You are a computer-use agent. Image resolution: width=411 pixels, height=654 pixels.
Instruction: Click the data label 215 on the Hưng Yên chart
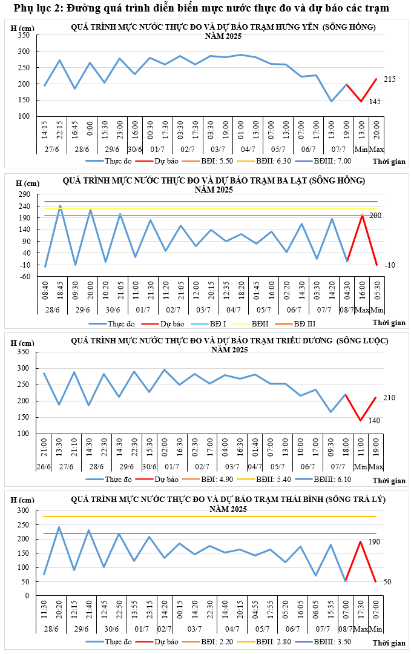point(389,79)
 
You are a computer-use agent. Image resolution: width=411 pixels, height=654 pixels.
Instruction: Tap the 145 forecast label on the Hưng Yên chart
point(375,101)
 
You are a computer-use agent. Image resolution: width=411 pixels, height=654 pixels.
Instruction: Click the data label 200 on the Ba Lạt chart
point(374,216)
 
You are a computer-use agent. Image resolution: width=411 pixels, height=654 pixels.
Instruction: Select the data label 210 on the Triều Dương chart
point(389,398)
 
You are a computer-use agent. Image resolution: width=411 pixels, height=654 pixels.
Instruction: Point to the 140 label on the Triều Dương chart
point(375,420)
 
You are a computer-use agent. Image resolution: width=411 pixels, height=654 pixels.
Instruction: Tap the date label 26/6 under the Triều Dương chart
point(44,467)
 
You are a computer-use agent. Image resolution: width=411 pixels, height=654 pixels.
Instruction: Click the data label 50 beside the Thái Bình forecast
point(387,582)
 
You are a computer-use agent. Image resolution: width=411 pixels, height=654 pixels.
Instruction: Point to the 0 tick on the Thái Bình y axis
point(27,596)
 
